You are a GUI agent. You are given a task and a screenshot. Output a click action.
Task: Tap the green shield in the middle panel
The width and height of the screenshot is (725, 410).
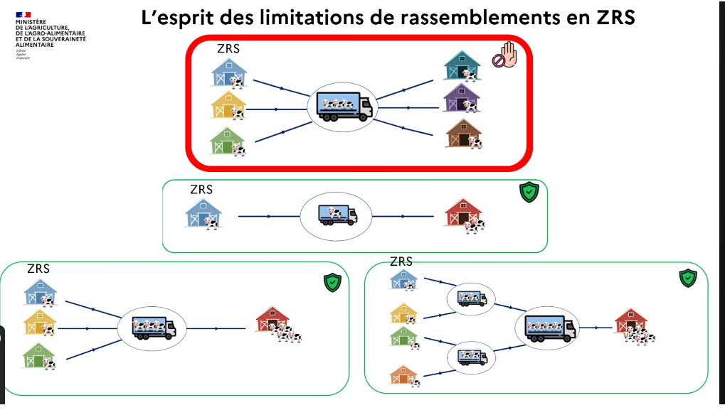click(528, 192)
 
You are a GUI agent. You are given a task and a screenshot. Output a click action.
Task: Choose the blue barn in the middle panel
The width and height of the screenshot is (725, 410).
click(203, 213)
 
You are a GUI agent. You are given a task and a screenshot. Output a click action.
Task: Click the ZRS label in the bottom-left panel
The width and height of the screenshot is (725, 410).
click(38, 269)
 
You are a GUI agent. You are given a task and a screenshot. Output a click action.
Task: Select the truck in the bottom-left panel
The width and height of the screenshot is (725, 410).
click(154, 328)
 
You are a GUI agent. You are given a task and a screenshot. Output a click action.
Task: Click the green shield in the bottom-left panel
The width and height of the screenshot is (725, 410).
click(332, 282)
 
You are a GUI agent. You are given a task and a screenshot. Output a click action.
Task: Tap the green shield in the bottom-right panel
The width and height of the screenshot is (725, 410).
click(687, 278)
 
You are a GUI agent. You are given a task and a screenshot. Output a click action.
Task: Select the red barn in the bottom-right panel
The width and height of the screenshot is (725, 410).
click(630, 321)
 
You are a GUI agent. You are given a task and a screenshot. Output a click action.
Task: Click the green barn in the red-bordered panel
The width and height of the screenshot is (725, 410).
click(228, 141)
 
